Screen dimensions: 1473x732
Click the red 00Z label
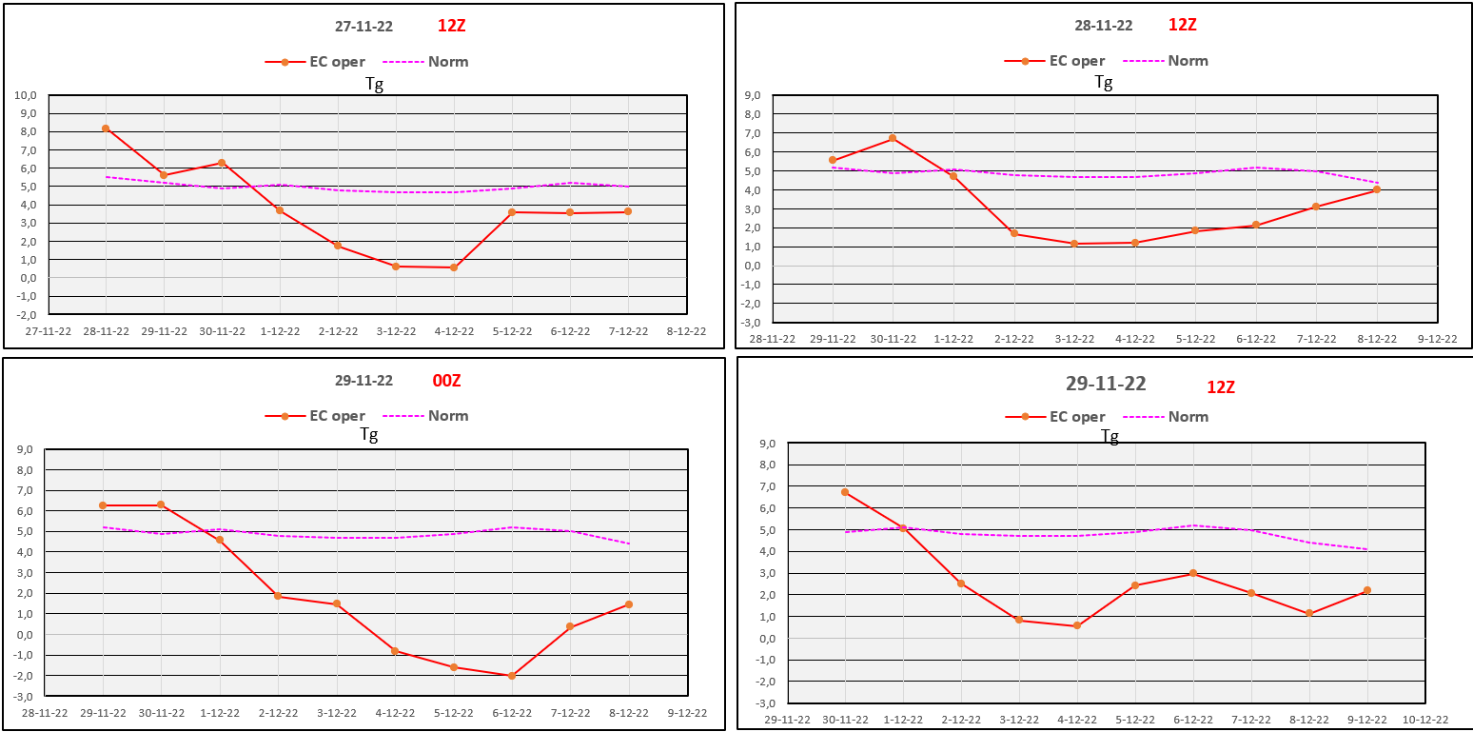446,381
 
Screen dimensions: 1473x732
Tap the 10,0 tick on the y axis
25,95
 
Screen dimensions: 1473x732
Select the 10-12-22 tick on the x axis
1425,720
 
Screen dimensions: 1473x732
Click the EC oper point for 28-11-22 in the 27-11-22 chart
106,129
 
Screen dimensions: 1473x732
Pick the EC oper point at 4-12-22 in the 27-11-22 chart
454,267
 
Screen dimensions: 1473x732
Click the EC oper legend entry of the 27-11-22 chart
315,62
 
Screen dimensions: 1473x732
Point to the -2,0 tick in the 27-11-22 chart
26,314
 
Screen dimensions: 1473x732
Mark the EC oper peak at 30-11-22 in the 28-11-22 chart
893,138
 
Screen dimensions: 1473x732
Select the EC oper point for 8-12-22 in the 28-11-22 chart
1377,189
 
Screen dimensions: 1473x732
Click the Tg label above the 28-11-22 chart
1104,82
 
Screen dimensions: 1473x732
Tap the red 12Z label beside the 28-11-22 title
1183,25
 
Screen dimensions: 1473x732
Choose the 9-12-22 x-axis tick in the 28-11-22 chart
1438,340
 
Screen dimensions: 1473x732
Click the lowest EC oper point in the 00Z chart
512,676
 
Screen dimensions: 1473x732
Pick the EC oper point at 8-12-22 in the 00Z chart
629,604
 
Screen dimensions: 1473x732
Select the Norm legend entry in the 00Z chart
425,416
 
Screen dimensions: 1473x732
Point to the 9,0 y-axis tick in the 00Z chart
25,450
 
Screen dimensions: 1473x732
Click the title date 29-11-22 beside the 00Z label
363,381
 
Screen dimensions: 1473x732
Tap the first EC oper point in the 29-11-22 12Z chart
845,492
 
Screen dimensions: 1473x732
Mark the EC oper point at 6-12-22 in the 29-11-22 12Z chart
1193,573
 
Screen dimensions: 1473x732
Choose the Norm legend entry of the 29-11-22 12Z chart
1166,417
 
